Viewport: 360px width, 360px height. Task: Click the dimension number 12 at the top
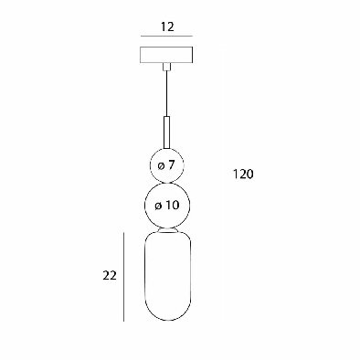click(x=167, y=26)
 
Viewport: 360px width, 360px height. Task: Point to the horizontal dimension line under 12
click(x=166, y=37)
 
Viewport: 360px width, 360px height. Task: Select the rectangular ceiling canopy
click(x=166, y=55)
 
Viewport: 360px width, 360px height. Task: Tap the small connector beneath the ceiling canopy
click(x=166, y=67)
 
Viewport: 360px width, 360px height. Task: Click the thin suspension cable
click(x=166, y=93)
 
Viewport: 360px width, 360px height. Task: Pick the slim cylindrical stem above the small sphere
click(x=166, y=132)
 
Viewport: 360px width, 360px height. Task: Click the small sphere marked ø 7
click(x=166, y=165)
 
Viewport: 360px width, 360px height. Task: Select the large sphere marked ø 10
click(x=167, y=206)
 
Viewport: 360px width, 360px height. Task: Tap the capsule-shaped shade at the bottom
click(x=168, y=277)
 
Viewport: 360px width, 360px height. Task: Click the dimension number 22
click(x=110, y=276)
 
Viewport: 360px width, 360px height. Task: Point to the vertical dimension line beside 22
click(x=123, y=277)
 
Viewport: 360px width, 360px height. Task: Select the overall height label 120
click(x=243, y=175)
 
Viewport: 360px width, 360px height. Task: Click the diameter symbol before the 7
click(x=161, y=166)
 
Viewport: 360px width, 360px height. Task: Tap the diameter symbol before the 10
click(x=157, y=206)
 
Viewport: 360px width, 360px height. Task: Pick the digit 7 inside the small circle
click(x=171, y=165)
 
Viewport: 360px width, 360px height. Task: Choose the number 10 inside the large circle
click(x=172, y=206)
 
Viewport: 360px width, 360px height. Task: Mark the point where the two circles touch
click(x=166, y=183)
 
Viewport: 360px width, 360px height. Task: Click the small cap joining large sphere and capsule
click(x=167, y=230)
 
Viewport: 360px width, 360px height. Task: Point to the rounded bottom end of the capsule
click(x=168, y=320)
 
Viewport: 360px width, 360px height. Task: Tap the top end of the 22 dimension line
click(x=123, y=233)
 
